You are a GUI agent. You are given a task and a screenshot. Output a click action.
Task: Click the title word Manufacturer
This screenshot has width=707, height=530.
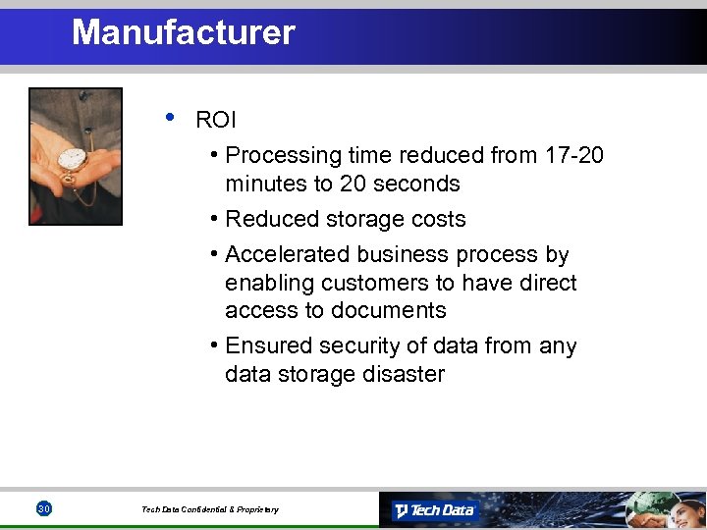[x=183, y=32]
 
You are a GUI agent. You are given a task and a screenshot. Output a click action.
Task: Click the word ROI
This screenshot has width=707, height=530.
[x=216, y=121]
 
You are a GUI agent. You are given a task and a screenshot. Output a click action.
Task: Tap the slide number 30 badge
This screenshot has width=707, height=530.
[x=43, y=508]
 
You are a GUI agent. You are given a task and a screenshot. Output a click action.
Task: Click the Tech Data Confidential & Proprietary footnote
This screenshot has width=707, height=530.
[x=209, y=509]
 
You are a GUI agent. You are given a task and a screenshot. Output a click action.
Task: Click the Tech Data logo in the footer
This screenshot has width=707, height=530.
[x=434, y=509]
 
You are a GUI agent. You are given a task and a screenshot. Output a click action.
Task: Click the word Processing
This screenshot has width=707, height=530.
[x=285, y=155]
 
